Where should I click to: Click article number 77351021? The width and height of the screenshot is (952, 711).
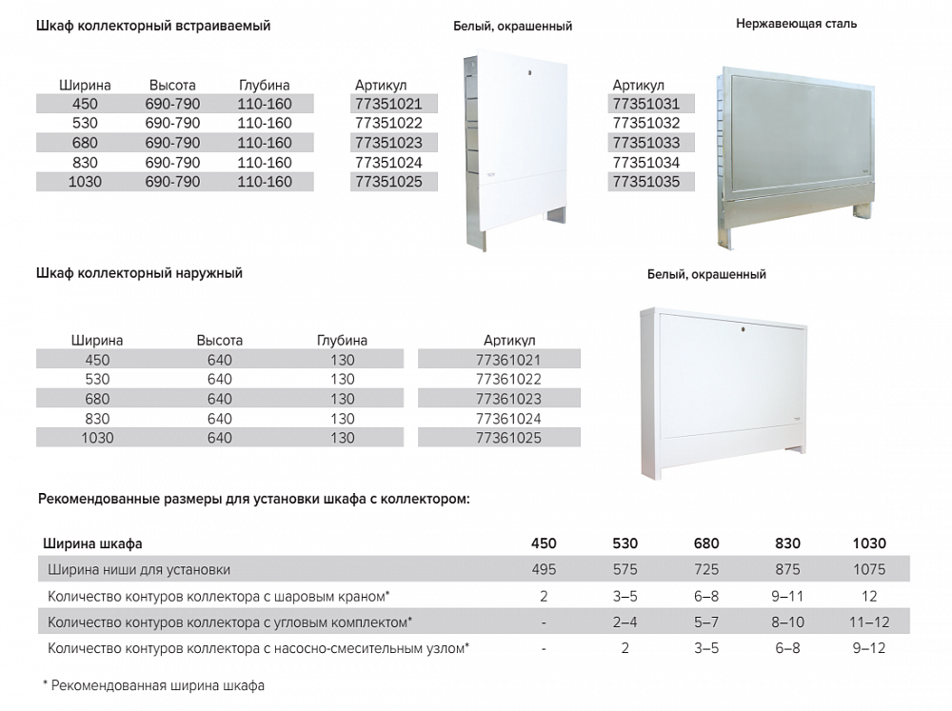(x=387, y=104)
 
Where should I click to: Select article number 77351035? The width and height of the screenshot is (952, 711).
(x=646, y=182)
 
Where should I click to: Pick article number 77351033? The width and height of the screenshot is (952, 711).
(x=646, y=143)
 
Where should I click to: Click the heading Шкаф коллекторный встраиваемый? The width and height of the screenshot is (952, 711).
(x=153, y=27)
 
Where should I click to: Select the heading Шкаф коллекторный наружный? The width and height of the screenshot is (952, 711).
(x=139, y=273)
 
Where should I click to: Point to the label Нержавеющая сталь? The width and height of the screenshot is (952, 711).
(x=796, y=24)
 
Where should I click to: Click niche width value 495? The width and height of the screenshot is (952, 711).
(x=544, y=570)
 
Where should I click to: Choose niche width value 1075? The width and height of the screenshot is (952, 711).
(x=869, y=570)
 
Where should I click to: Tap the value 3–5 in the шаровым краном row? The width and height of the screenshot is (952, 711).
(x=625, y=596)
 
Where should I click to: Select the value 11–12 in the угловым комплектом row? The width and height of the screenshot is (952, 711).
(x=869, y=622)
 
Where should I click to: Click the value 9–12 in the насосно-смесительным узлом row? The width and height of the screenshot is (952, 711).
(x=869, y=648)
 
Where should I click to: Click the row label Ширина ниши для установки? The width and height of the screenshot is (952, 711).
(x=139, y=570)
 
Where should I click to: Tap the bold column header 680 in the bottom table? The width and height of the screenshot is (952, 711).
(x=706, y=544)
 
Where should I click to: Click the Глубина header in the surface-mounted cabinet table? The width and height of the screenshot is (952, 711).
(x=342, y=341)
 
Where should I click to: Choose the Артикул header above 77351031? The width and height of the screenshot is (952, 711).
(x=639, y=86)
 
